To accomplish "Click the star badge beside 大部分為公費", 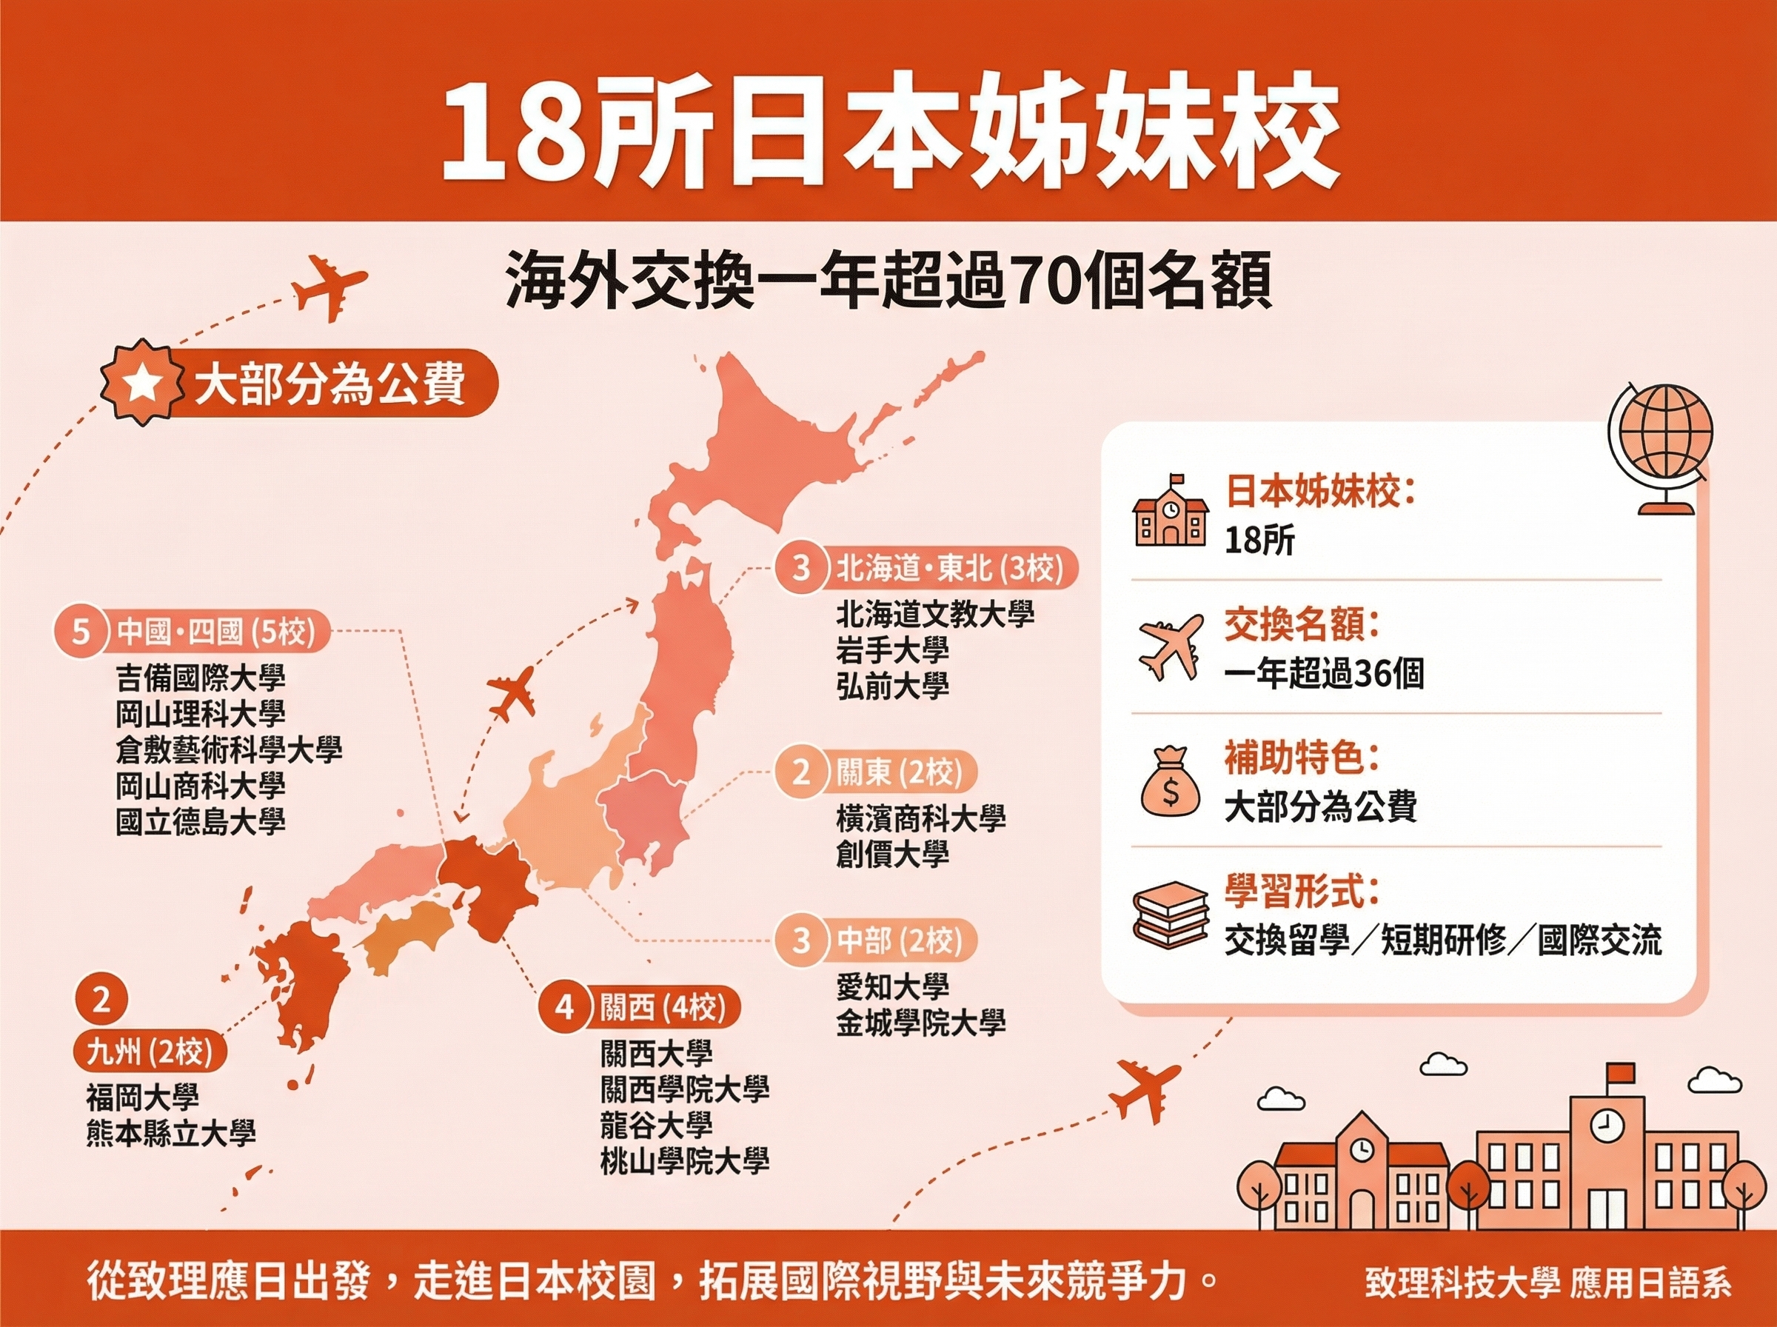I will coord(142,384).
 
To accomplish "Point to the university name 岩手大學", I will coord(892,650).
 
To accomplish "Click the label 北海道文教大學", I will coord(934,615).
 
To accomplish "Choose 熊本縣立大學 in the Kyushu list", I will coord(171,1134).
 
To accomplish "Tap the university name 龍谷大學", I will coord(656,1126).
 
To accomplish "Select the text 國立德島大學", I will coord(201,822).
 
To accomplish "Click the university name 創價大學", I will coord(892,854).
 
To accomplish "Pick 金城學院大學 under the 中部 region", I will coord(920,1023).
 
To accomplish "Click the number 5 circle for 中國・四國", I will coord(81,632).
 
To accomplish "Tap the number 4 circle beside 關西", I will coord(565,1007).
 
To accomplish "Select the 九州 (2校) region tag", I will coord(150,1052).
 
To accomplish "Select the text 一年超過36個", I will coord(1323,673).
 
